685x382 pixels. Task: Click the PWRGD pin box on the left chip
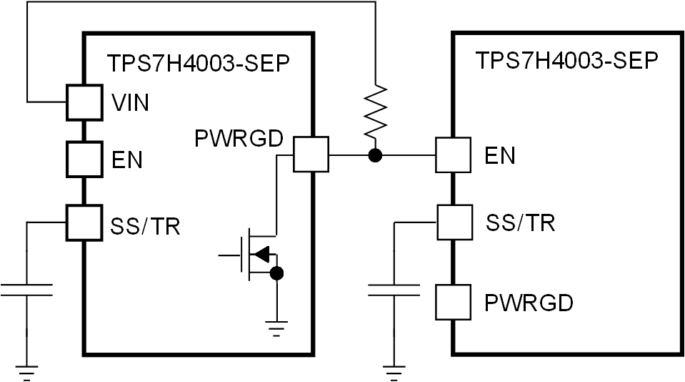[311, 154]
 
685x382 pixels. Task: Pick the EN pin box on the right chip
[453, 154]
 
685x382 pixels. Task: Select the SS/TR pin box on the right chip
[453, 222]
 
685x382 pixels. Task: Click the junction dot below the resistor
[373, 154]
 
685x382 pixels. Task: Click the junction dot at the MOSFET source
[277, 273]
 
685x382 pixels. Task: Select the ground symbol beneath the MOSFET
[277, 327]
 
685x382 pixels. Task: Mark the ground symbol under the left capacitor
[26, 371]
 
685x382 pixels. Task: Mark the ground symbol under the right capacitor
[394, 371]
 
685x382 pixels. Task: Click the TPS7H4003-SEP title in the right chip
[566, 60]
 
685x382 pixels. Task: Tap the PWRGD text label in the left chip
[239, 139]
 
